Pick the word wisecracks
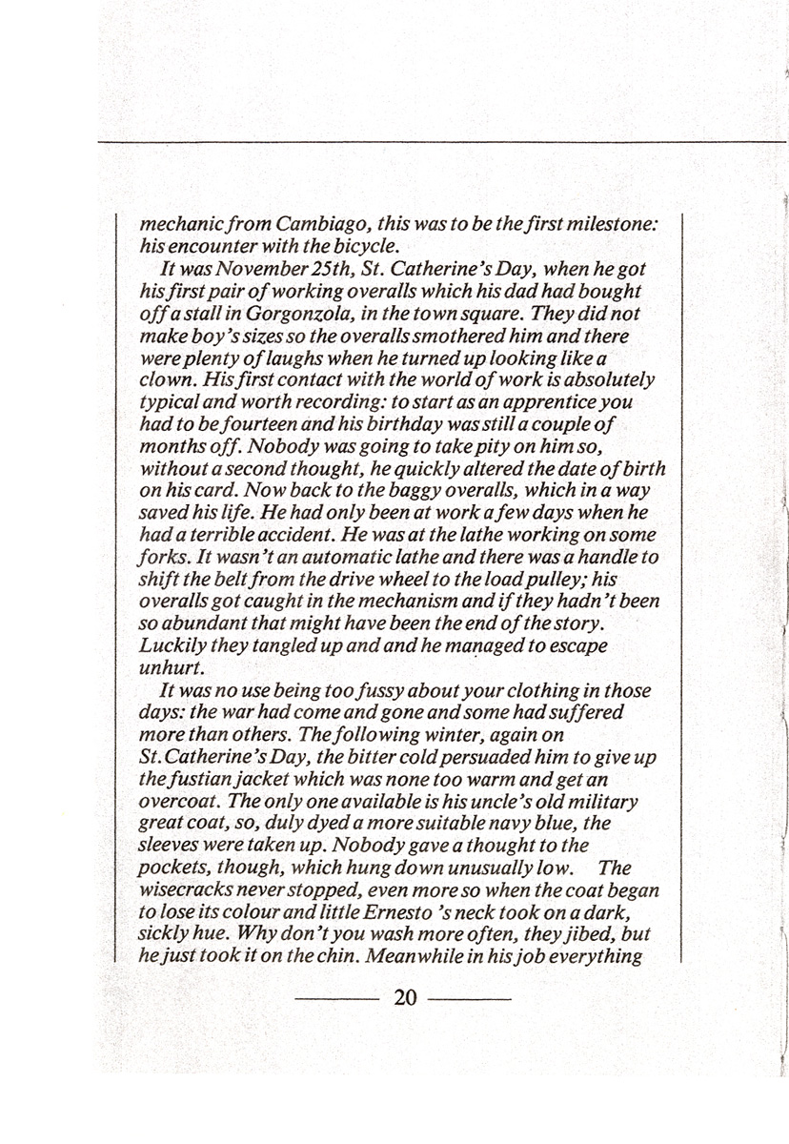[x=195, y=889]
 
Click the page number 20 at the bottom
[x=405, y=998]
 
